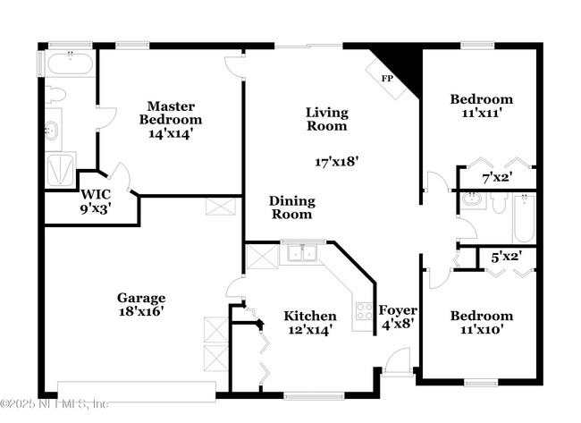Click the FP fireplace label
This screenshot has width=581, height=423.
click(x=388, y=79)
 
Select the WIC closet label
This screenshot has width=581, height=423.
click(x=96, y=194)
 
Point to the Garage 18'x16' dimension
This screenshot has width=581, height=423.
click(x=140, y=312)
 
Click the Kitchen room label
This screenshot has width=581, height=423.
click(x=310, y=316)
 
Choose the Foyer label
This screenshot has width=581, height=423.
click(x=397, y=310)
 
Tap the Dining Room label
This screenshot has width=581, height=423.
click(x=291, y=207)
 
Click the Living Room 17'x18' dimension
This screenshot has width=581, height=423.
click(x=336, y=162)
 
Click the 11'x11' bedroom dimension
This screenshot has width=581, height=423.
click(x=481, y=114)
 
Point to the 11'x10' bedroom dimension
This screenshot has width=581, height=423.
click(x=481, y=329)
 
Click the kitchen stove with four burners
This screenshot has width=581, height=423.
click(x=364, y=311)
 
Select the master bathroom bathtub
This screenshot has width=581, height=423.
click(x=68, y=64)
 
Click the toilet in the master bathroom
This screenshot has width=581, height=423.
click(x=55, y=94)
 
